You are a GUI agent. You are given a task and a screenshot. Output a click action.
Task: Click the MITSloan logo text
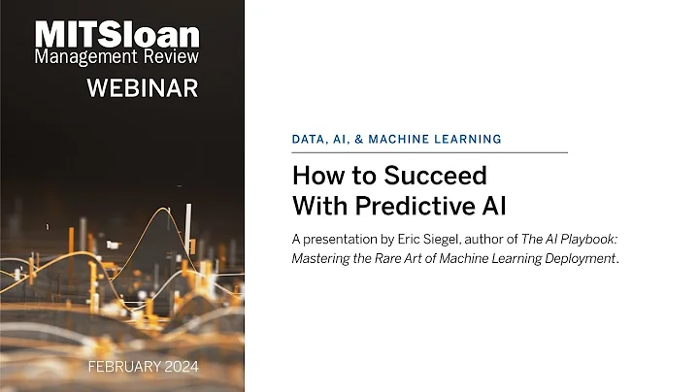pyautogui.click(x=116, y=35)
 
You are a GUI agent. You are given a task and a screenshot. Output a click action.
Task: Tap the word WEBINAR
pyautogui.click(x=142, y=88)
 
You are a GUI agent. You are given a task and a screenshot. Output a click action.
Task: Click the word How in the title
pyautogui.click(x=315, y=177)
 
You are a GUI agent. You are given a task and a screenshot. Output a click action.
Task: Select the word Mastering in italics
pyautogui.click(x=323, y=257)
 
